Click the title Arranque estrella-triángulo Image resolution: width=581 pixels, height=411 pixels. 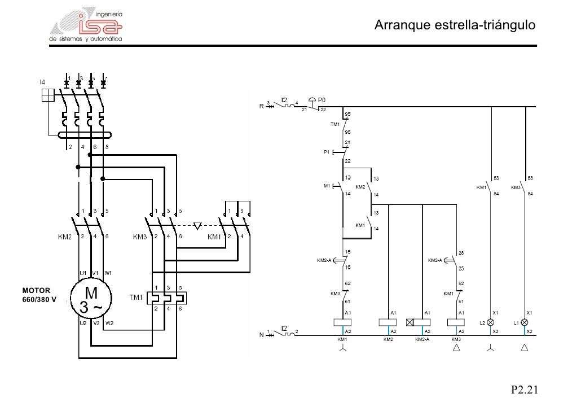[455, 25]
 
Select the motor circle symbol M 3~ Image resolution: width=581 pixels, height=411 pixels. [91, 299]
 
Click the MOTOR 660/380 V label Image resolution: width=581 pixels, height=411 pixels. [39, 295]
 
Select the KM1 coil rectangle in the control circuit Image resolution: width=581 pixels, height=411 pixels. [342, 322]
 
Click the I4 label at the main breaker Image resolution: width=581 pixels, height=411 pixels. [42, 82]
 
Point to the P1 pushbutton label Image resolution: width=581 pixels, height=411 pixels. [326, 152]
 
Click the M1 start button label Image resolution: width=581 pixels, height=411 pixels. [327, 186]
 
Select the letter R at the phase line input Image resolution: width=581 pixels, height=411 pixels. [261, 106]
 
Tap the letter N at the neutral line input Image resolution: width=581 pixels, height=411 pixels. [261, 335]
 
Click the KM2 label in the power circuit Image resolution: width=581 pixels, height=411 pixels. [64, 237]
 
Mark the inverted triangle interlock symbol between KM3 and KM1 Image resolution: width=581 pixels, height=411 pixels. [197, 226]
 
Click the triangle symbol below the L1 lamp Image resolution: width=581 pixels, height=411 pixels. [525, 348]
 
